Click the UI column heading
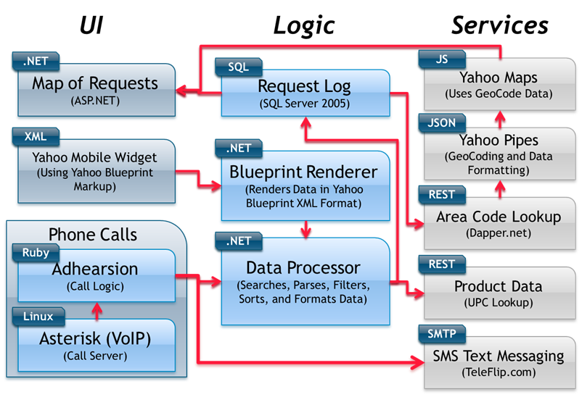coord(91,25)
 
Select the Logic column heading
coord(303,25)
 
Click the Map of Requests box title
coord(94,83)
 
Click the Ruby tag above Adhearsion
coord(36,254)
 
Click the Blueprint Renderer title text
coord(303,172)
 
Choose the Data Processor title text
coord(303,267)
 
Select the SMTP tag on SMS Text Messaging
coord(444,334)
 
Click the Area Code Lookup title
coord(499,217)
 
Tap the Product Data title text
coord(499,285)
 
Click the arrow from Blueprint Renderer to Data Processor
coord(305,228)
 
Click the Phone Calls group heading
coord(93,235)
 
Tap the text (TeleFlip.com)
coord(499,373)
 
